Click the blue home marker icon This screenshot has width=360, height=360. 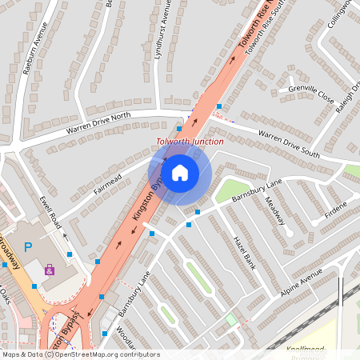pyautogui.click(x=180, y=172)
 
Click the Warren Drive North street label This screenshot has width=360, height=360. pyautogui.click(x=98, y=122)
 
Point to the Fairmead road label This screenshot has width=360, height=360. pyautogui.click(x=107, y=183)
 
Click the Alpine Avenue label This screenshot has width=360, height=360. pyautogui.click(x=300, y=282)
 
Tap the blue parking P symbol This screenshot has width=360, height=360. pyautogui.click(x=28, y=248)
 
